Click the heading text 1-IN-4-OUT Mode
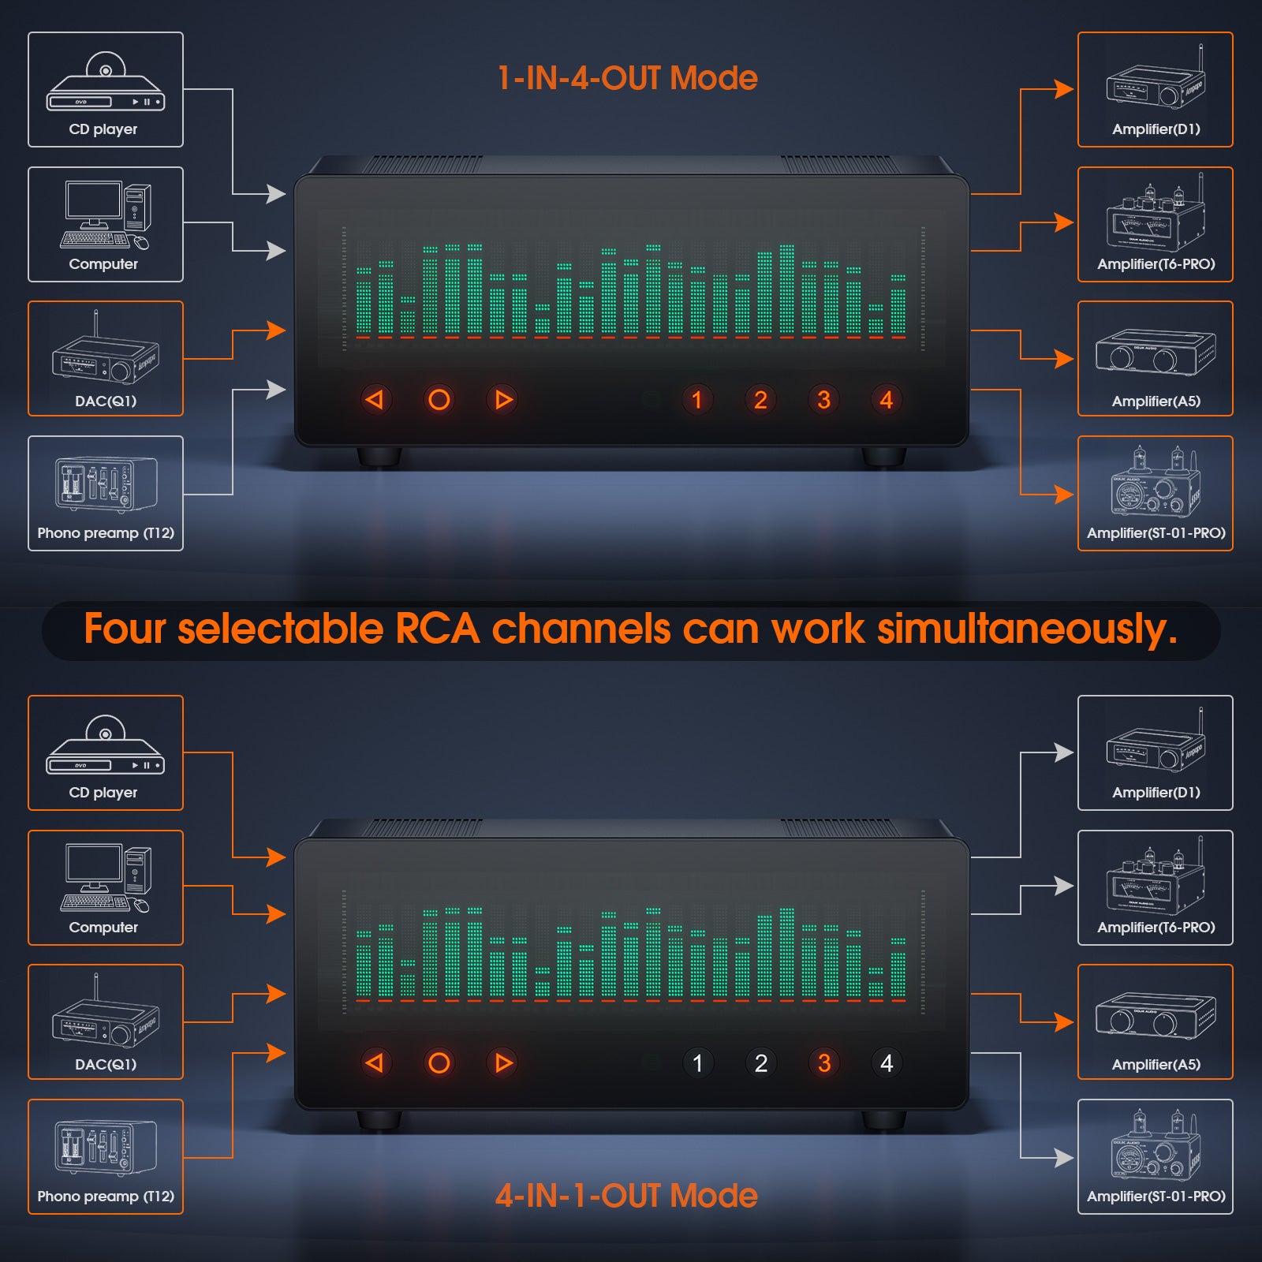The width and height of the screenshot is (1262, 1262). coord(627,78)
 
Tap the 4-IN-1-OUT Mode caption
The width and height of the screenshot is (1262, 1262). coord(626,1196)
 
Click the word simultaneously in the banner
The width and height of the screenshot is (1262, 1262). coord(1027,629)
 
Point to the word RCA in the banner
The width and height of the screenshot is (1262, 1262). coord(438,629)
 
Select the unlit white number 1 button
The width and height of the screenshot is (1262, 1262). coord(697,1063)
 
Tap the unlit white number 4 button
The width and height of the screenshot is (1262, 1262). coord(887,1063)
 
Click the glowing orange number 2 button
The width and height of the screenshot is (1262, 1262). coord(760,400)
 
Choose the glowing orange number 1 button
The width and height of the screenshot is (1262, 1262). coord(697,400)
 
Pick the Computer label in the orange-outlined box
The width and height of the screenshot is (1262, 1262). coord(103,928)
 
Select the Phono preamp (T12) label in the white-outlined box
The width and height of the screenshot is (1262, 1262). coord(106,533)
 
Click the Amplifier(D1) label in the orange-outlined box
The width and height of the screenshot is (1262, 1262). coord(1156,129)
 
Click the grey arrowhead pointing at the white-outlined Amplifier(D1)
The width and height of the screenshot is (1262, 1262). coord(1064,752)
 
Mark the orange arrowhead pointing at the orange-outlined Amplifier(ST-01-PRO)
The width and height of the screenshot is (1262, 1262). coord(1064,495)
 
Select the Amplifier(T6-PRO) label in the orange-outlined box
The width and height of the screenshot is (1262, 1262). coord(1156,264)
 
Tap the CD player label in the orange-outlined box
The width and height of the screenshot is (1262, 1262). coord(103,793)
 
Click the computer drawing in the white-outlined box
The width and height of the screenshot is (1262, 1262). coord(106,215)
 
